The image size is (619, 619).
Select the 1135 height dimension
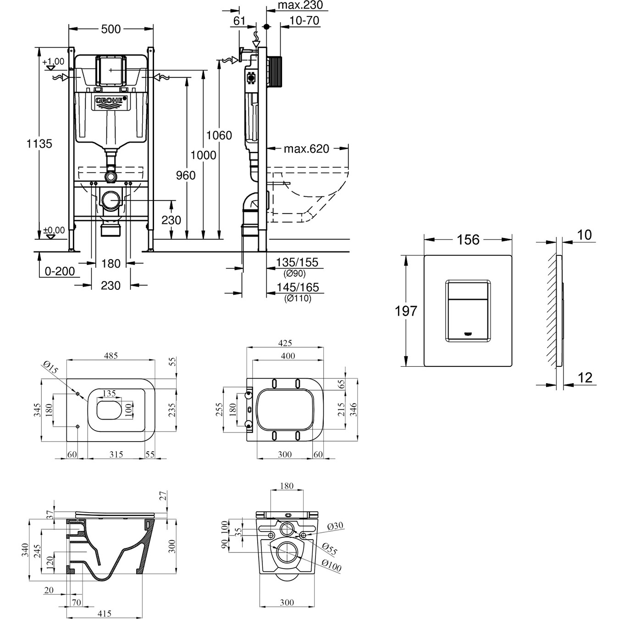[x=39, y=144]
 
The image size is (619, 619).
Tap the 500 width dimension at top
[x=111, y=29]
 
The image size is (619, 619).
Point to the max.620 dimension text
[x=306, y=149]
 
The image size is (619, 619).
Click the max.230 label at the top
[x=301, y=6]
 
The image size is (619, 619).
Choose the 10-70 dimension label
[x=305, y=21]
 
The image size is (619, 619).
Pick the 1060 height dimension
[x=219, y=135]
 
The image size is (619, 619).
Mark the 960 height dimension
[x=186, y=175]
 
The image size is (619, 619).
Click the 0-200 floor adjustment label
[x=60, y=271]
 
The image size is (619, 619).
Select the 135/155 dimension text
[x=297, y=263]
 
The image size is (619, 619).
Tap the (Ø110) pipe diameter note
[x=297, y=298]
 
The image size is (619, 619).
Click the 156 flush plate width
[x=468, y=239]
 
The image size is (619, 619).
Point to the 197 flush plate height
[x=406, y=311]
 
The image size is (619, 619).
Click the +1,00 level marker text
[x=53, y=61]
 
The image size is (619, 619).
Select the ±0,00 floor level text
[x=54, y=230]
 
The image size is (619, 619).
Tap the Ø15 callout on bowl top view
[x=50, y=367]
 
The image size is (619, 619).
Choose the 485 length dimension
[x=111, y=355]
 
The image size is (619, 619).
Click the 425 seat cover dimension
[x=285, y=343]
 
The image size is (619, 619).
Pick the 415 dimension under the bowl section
[x=105, y=613]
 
